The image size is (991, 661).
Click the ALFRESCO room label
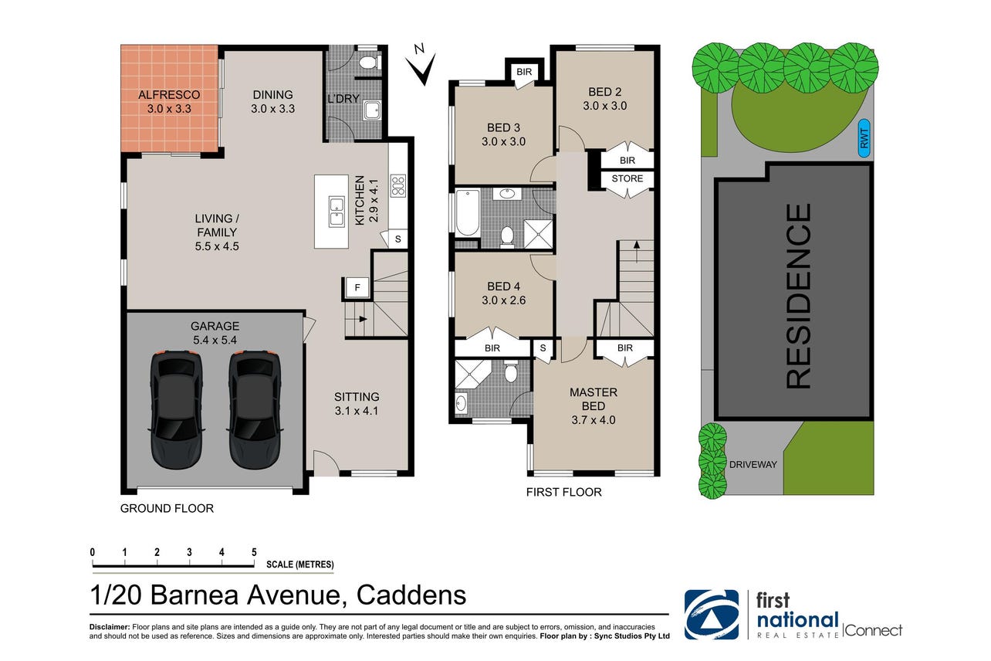click(168, 95)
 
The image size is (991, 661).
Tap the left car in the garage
click(176, 409)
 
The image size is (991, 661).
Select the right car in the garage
click(255, 409)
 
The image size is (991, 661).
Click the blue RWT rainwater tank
click(864, 138)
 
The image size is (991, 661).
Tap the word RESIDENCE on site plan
click(799, 296)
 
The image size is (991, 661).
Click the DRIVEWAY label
click(753, 464)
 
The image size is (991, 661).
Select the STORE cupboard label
click(627, 178)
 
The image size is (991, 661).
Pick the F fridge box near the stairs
click(357, 288)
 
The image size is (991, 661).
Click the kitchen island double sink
click(337, 212)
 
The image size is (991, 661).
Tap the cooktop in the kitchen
click(397, 186)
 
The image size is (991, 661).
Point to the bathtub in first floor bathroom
click(468, 212)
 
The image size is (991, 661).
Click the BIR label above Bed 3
click(524, 72)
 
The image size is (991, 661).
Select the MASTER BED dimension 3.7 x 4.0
click(594, 420)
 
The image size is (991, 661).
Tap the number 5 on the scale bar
click(254, 552)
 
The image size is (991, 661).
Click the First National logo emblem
click(712, 615)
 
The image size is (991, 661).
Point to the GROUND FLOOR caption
click(167, 508)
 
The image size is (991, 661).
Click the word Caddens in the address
click(411, 595)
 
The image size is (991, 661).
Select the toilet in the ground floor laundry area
click(370, 63)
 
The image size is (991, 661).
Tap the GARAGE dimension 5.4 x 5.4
click(215, 340)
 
